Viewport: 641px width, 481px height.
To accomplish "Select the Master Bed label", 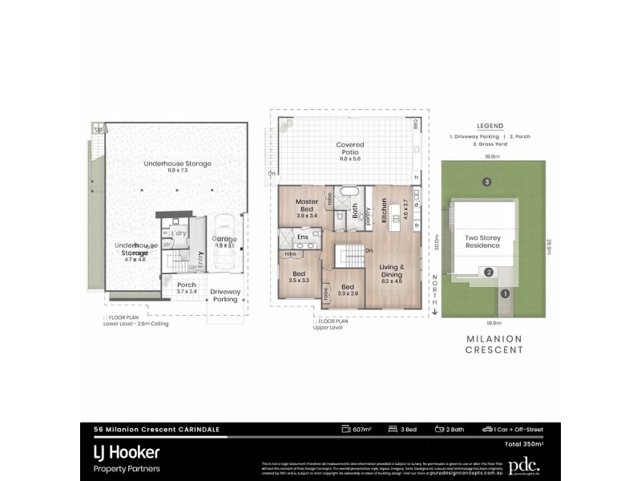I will [x=307, y=205].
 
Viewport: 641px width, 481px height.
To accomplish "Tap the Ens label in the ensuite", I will [x=303, y=237].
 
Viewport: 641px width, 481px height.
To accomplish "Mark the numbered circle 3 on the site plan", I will [x=486, y=182].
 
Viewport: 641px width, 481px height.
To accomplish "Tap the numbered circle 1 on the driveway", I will [x=505, y=293].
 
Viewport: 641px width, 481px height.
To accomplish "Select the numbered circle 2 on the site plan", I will [x=487, y=273].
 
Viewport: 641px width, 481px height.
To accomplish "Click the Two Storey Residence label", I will [x=483, y=241].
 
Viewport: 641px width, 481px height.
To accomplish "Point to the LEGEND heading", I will [x=490, y=126].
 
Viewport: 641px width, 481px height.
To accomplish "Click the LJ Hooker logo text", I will [x=127, y=452].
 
